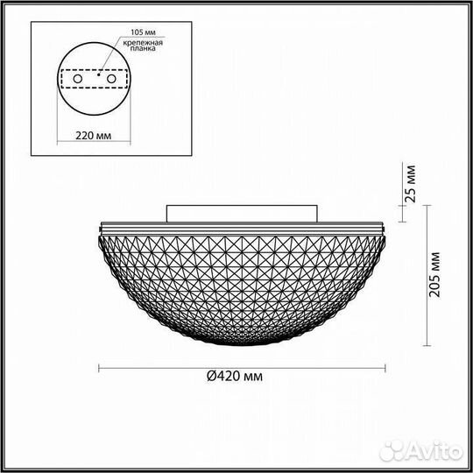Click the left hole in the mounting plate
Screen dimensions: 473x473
coord(79,79)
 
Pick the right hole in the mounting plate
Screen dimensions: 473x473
coord(111,79)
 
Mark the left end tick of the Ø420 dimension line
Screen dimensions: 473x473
coord(97,366)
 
